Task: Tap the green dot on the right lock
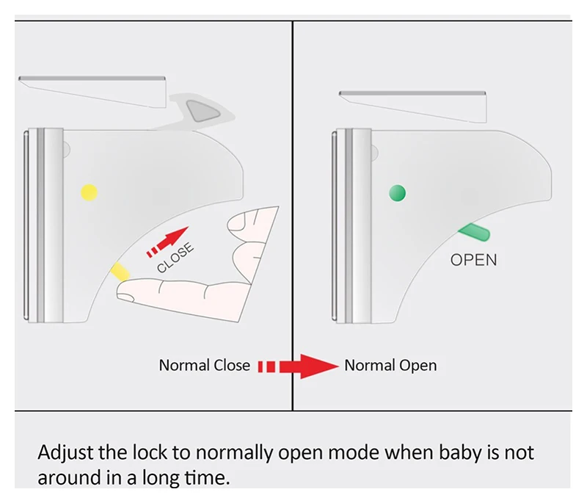tap(397, 193)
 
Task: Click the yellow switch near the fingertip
tap(119, 271)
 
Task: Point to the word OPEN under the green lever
tap(473, 259)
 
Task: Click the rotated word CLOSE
tap(176, 257)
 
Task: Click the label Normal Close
tap(204, 366)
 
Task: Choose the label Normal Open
tap(390, 366)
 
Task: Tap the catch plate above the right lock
tap(413, 103)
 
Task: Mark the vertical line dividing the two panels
tap(293, 220)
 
